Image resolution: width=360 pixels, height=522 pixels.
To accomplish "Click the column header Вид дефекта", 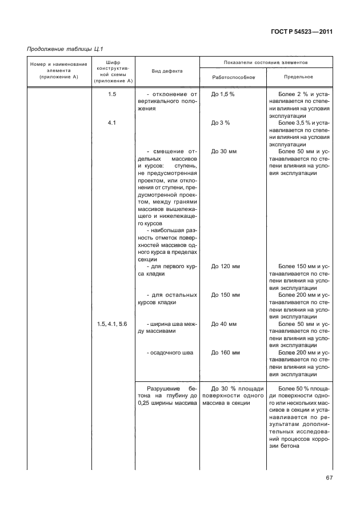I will point(167,71).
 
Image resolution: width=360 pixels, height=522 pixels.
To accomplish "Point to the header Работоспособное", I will point(233,77).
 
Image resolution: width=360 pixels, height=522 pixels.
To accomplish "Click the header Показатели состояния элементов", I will point(266,61).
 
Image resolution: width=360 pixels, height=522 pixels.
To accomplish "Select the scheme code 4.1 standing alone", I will point(112,122).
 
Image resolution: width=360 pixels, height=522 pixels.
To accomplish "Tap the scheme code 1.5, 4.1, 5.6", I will point(112,324).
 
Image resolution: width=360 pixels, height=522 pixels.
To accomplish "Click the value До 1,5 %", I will point(223,94).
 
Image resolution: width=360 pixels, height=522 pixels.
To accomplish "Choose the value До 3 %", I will point(220,122).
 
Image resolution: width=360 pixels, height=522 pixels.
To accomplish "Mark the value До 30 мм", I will point(223,152).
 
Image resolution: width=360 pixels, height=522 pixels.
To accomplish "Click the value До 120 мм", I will point(225,266).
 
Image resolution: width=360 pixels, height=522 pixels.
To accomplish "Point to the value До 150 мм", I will point(225,295).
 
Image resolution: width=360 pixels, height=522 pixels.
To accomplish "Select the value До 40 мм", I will point(223,324).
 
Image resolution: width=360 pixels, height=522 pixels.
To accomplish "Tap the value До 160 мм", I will point(225,353).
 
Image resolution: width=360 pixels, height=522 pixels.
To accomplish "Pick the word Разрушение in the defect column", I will point(162,389).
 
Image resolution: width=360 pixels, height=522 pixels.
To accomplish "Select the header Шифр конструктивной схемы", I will point(112,71).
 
